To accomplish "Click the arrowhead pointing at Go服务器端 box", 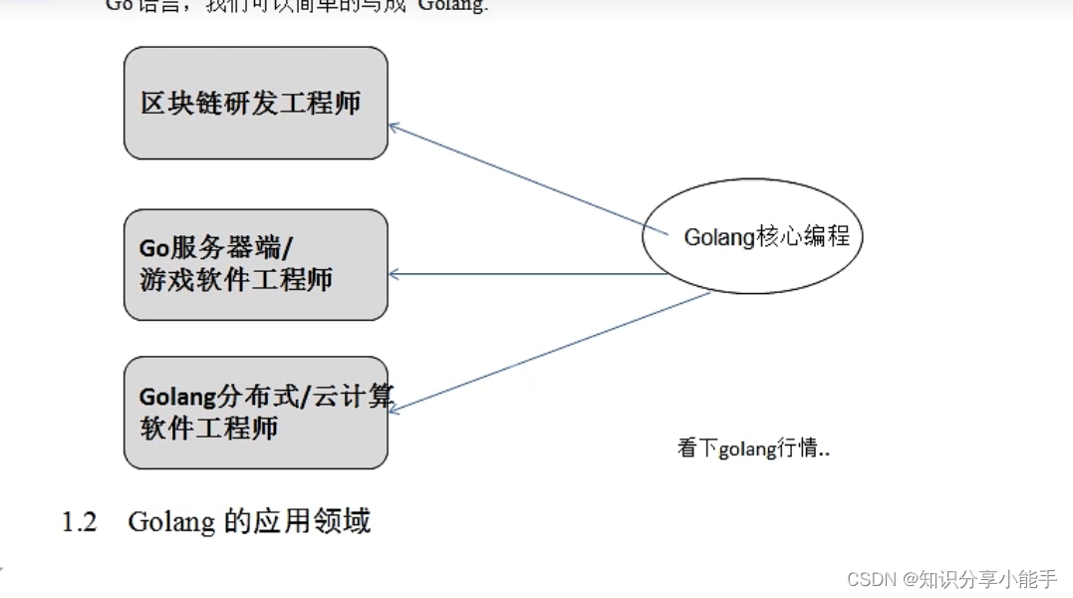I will (394, 274).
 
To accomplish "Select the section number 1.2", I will (79, 522).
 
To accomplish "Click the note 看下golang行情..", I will (753, 448).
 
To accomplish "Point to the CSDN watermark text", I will (871, 579).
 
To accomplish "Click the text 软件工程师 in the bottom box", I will (208, 428).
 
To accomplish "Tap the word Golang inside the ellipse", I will (718, 237).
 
